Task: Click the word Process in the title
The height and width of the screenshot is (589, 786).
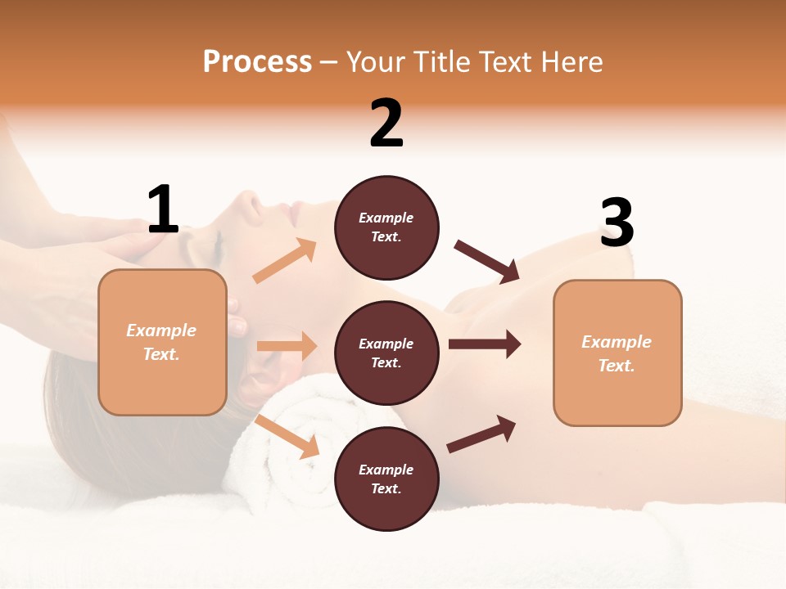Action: [x=257, y=62]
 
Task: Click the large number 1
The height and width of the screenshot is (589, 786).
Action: [x=163, y=209]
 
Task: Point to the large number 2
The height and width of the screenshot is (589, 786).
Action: [x=386, y=124]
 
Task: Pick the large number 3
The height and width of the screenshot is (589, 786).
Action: [x=617, y=223]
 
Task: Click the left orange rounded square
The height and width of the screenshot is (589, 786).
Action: [x=162, y=342]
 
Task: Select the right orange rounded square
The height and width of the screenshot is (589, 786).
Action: [x=617, y=353]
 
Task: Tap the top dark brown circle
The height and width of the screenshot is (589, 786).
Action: [x=386, y=227]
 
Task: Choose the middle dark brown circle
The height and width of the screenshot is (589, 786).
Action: [x=386, y=353]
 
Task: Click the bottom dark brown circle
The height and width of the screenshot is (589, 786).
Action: [x=386, y=479]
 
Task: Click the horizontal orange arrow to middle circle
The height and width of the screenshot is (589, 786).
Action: [x=287, y=346]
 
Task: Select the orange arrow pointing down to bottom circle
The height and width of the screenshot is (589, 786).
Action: [x=287, y=436]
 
